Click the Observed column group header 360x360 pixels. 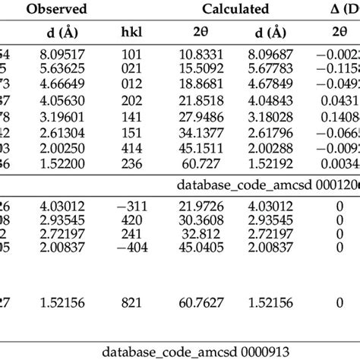pyautogui.click(x=57, y=10)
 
